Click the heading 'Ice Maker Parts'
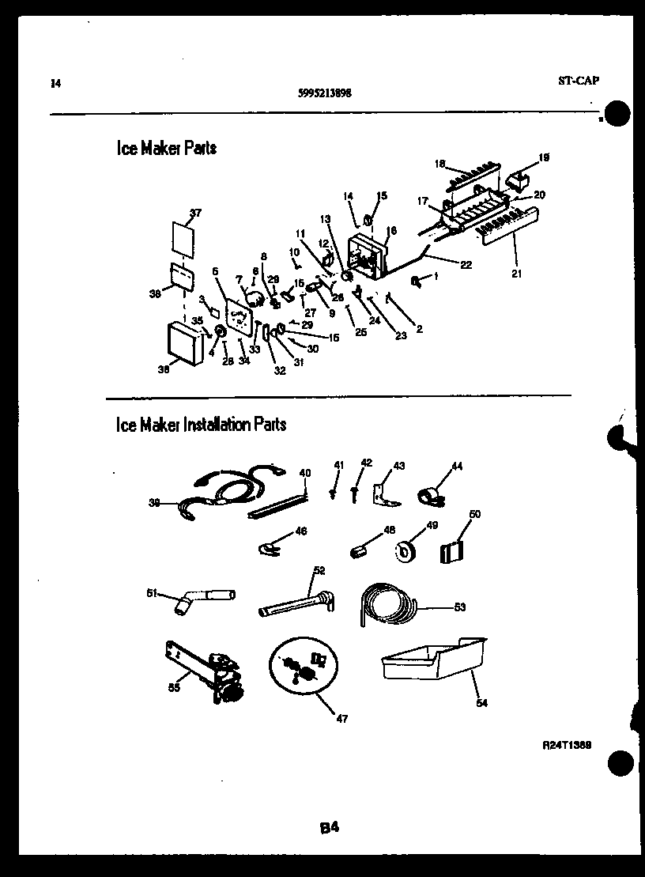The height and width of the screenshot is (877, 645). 166,148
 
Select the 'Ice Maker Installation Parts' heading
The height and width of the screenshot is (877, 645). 201,425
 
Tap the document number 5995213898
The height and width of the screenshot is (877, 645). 325,93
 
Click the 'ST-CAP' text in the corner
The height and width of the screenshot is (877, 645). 577,81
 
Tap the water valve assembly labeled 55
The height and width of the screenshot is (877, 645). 207,670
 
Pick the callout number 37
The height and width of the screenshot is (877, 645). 196,212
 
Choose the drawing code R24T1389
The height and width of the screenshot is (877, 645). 568,745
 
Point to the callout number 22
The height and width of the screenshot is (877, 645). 466,265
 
